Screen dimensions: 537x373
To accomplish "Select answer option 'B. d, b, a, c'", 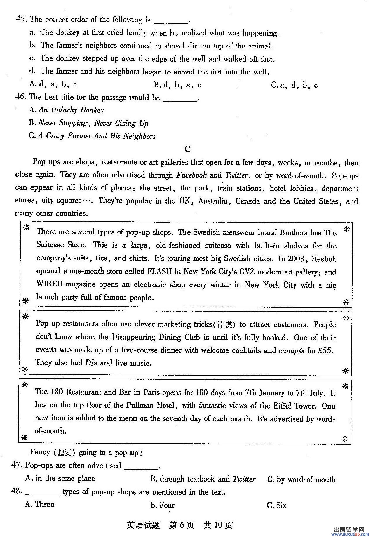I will tap(177, 85).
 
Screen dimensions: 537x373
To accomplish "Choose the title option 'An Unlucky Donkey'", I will tap(67, 110).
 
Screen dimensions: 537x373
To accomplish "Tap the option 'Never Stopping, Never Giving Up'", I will tap(88, 123).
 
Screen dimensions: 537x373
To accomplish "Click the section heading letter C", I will tap(187, 149).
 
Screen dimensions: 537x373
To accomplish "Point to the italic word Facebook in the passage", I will tap(191, 175).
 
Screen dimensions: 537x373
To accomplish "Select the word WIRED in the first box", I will tap(49, 284).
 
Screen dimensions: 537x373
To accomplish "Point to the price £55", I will tap(325, 350).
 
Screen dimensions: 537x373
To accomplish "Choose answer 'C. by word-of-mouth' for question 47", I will tap(301, 479).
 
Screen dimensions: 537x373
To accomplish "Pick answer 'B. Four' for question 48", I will tap(163, 505).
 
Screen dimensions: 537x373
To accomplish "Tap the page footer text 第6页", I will tap(182, 525).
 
